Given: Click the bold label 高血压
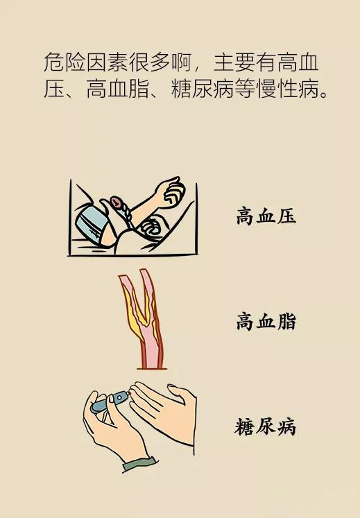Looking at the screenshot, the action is click(266, 216).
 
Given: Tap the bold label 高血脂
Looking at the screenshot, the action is click(266, 322).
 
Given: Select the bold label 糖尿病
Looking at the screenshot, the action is click(265, 427).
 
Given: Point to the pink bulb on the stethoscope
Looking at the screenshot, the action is click(116, 202).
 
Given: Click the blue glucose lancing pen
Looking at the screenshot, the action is click(109, 401).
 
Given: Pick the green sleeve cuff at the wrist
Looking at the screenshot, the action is click(139, 463).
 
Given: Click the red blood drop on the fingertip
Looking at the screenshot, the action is click(131, 393).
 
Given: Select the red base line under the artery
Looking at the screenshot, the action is click(152, 368).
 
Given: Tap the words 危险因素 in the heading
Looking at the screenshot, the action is click(85, 62).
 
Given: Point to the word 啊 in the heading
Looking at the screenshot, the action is click(181, 62).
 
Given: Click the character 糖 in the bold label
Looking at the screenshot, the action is click(245, 427).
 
